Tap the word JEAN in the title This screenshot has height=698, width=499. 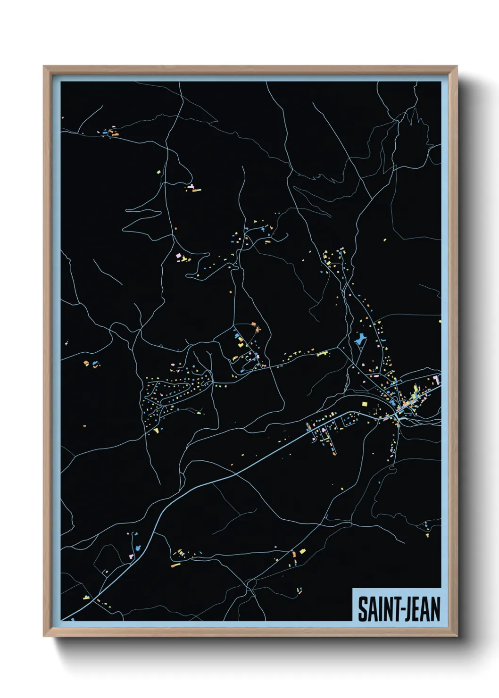pyautogui.click(x=422, y=609)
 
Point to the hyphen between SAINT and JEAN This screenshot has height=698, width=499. pyautogui.click(x=400, y=610)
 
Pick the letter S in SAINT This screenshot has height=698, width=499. pyautogui.click(x=363, y=609)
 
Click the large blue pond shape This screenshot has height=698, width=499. pyautogui.click(x=360, y=338)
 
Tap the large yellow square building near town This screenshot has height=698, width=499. pyautogui.click(x=364, y=404)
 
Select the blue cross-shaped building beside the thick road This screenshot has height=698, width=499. pyautogui.click(x=138, y=548)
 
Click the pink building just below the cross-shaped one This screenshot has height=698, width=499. pyautogui.click(x=132, y=557)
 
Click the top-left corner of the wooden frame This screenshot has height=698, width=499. pyautogui.click(x=44, y=67)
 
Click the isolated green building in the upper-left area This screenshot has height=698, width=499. pyautogui.click(x=159, y=172)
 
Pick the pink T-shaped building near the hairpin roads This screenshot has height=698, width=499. pyautogui.click(x=179, y=256)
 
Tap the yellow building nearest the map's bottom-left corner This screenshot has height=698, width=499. pyautogui.click(x=86, y=598)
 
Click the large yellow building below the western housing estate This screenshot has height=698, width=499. pyautogui.click(x=156, y=430)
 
